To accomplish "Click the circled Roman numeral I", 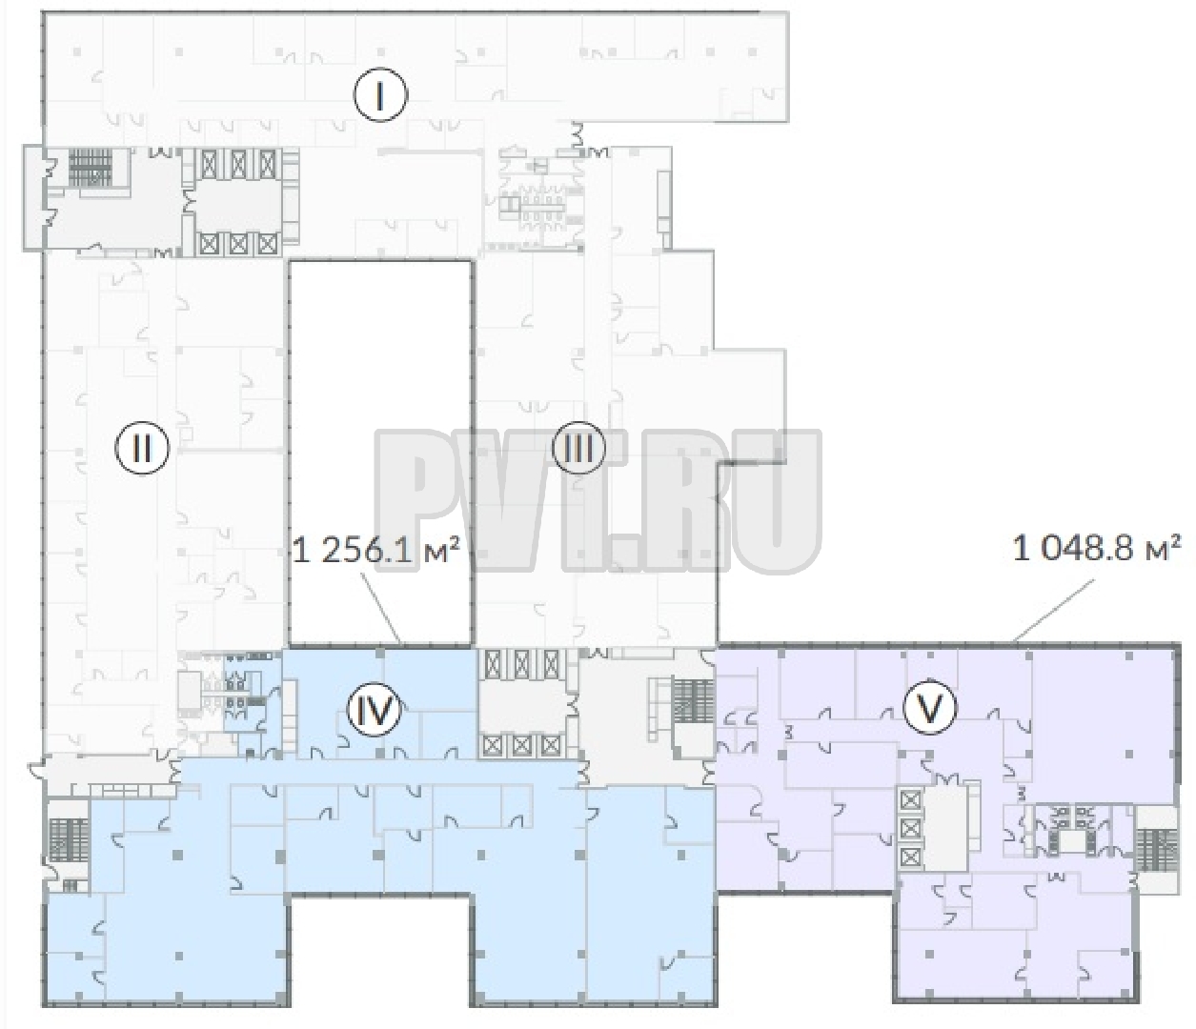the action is (x=380, y=95).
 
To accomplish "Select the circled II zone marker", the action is (x=142, y=449).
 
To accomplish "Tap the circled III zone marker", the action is (x=578, y=449).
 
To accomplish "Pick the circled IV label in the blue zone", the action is (x=374, y=710).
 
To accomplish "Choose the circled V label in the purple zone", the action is (x=929, y=710).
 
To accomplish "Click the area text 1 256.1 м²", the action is (x=376, y=551).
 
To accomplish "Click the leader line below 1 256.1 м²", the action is (x=381, y=607).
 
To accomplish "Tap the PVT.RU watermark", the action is (x=598, y=501).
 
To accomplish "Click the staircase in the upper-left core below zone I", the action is (x=91, y=168).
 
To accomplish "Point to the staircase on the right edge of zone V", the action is (x=1148, y=850).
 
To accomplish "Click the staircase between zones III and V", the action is (x=693, y=701).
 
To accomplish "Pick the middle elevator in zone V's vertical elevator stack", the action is (x=910, y=829).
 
